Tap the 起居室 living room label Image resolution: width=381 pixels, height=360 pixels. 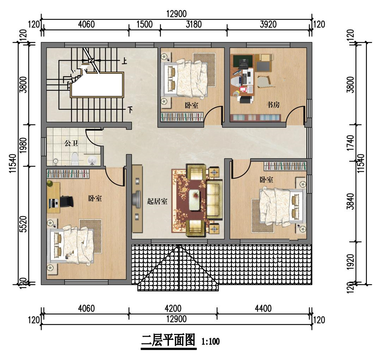[157, 202]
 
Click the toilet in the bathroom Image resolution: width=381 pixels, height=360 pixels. [75, 159]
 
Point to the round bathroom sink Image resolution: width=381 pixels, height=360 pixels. [92, 161]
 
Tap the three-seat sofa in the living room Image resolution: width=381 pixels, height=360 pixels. [214, 200]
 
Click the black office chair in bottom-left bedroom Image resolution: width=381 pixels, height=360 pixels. [67, 202]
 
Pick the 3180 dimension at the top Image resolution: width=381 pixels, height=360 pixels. [193, 24]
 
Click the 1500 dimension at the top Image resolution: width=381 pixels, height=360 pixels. [144, 24]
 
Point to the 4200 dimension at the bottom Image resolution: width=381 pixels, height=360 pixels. [173, 308]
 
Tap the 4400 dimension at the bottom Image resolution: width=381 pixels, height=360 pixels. [263, 308]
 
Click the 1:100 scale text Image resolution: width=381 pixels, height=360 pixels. [211, 342]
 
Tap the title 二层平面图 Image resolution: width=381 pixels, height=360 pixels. [168, 341]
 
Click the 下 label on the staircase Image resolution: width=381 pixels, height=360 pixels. [130, 110]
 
